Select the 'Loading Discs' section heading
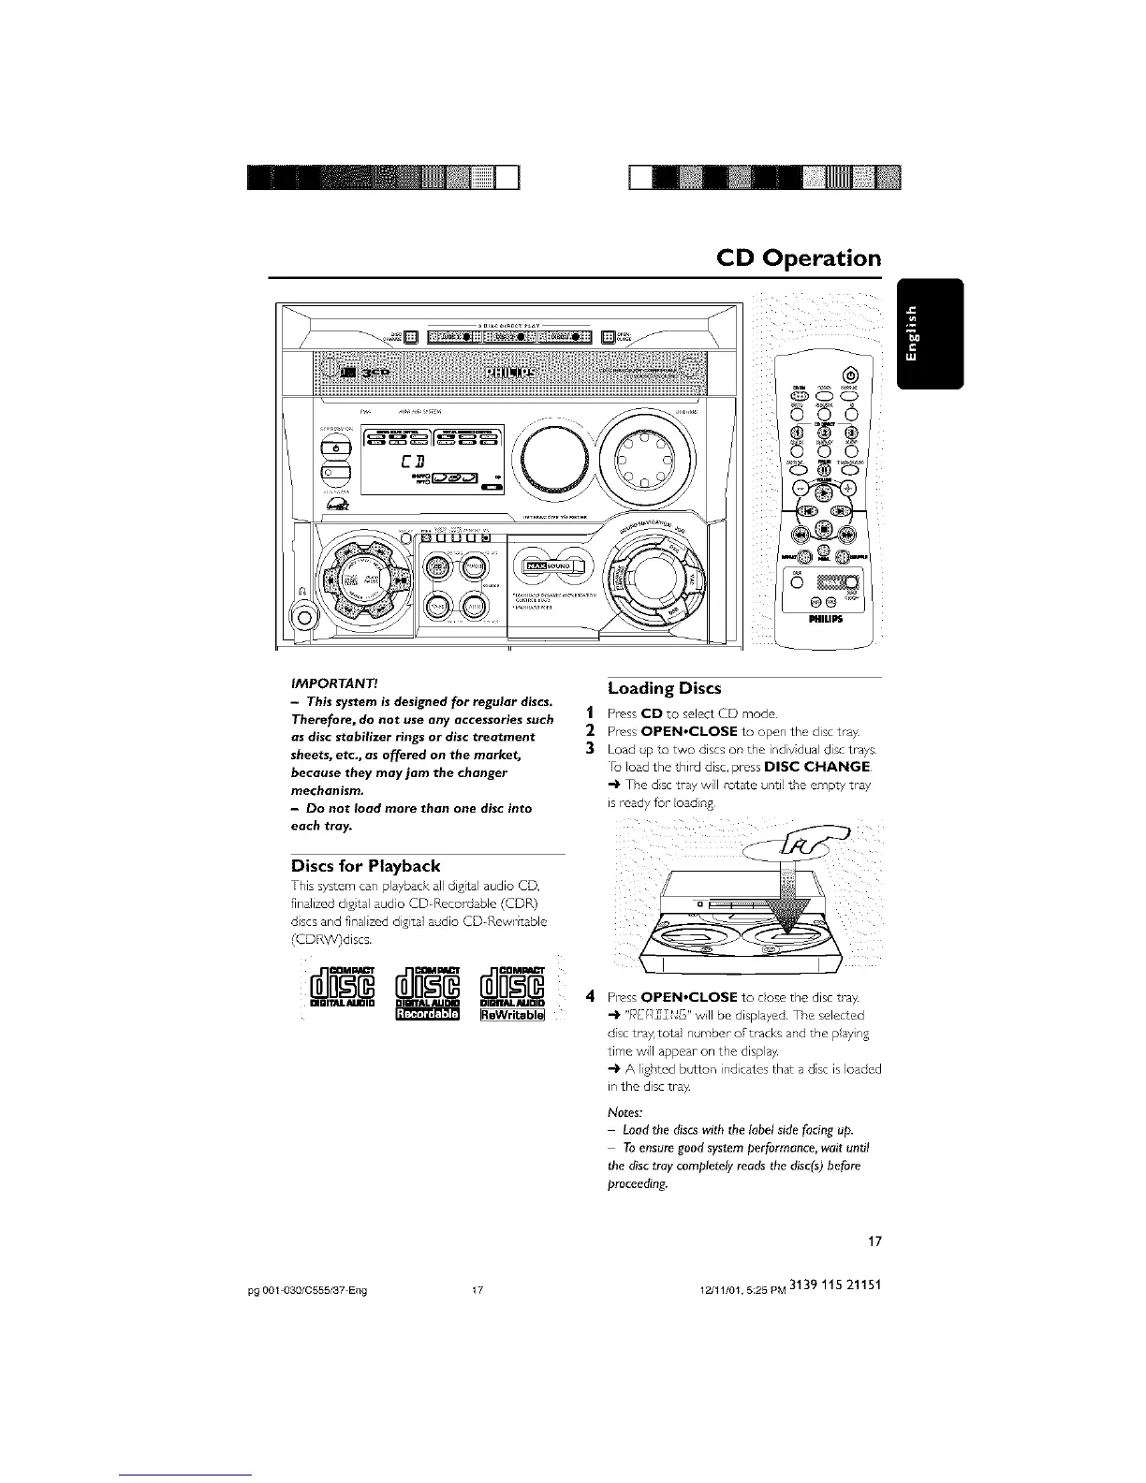664,688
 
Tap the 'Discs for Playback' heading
365,865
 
